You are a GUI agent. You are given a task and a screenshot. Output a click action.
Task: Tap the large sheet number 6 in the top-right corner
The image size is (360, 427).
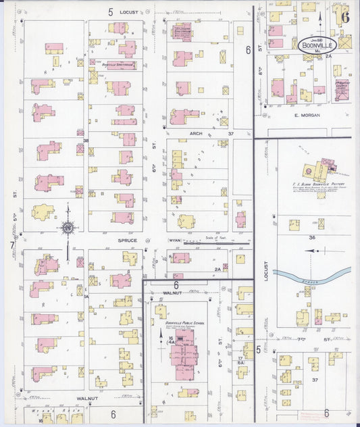(344, 16)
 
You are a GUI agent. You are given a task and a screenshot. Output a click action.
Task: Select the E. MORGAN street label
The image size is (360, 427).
(306, 116)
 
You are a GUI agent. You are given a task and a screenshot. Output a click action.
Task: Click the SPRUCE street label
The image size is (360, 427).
(128, 241)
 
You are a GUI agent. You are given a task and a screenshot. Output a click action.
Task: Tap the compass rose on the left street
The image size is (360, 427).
(68, 228)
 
